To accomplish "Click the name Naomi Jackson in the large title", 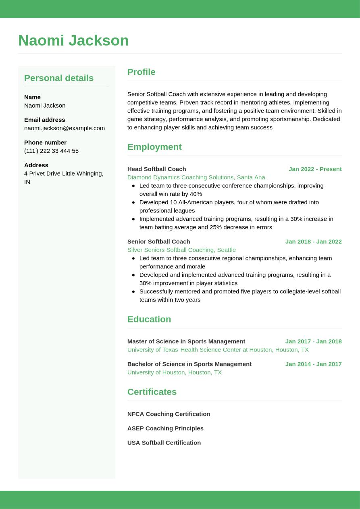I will [x=73, y=41].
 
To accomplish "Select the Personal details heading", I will [x=59, y=78].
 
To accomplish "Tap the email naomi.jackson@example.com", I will [x=65, y=128].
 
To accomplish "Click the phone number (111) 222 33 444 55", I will [x=51, y=151].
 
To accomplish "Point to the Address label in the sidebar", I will [x=36, y=165].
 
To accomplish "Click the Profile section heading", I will [x=141, y=72].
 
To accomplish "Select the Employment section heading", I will [x=154, y=147].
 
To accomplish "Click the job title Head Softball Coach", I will [x=156, y=169].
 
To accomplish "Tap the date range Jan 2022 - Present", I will [x=315, y=169].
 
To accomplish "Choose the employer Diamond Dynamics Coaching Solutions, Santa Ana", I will [x=196, y=177].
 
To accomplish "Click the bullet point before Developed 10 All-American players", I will [x=133, y=202].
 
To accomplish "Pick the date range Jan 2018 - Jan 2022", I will [x=313, y=241].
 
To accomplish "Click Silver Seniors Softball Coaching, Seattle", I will [x=181, y=250].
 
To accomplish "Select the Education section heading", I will [x=149, y=319].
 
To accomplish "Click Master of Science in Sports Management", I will [x=186, y=341].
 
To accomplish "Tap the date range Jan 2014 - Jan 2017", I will [x=313, y=364].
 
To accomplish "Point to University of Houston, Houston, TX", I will [x=175, y=372].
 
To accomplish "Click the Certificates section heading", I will [x=152, y=392].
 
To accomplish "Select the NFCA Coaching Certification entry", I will [x=169, y=414].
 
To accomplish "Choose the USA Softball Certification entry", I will [x=164, y=443].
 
